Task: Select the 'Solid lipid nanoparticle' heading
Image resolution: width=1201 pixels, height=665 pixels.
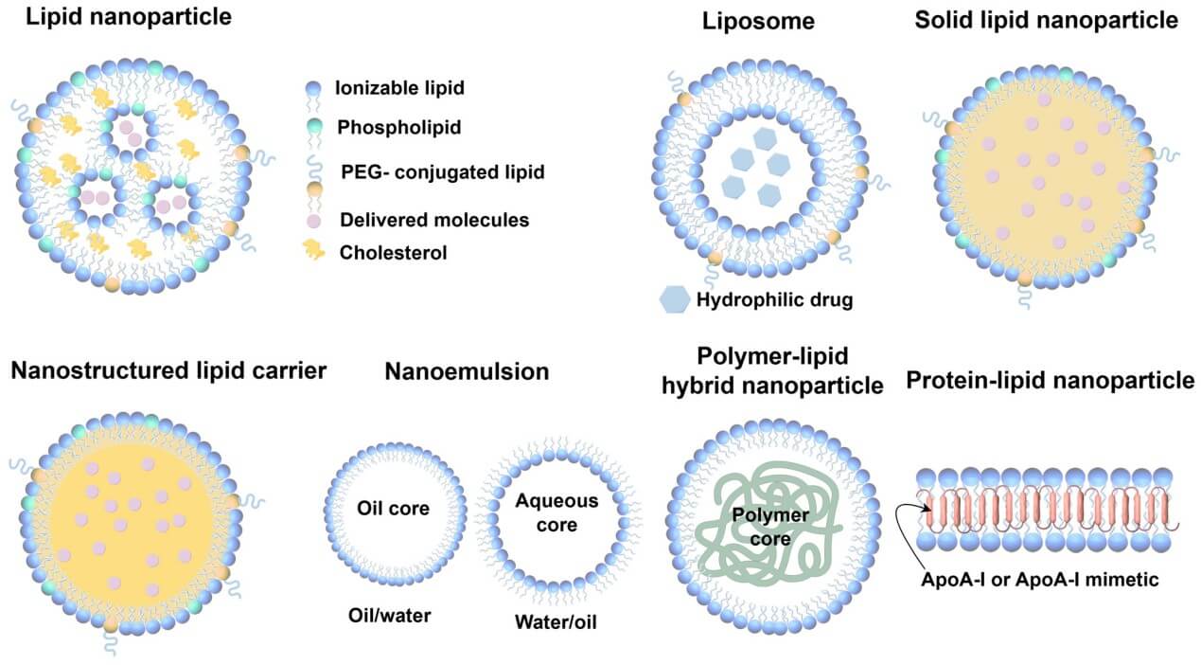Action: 1046,21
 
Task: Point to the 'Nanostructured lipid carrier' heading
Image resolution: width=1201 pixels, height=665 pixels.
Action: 168,370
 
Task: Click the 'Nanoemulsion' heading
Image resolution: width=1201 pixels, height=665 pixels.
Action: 466,371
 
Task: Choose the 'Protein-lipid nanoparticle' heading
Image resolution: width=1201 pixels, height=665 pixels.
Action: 1050,381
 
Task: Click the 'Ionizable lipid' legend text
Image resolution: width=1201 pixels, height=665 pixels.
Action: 386,89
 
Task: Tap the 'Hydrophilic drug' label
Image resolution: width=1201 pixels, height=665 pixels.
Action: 774,300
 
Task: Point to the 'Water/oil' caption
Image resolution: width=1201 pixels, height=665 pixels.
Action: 555,621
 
